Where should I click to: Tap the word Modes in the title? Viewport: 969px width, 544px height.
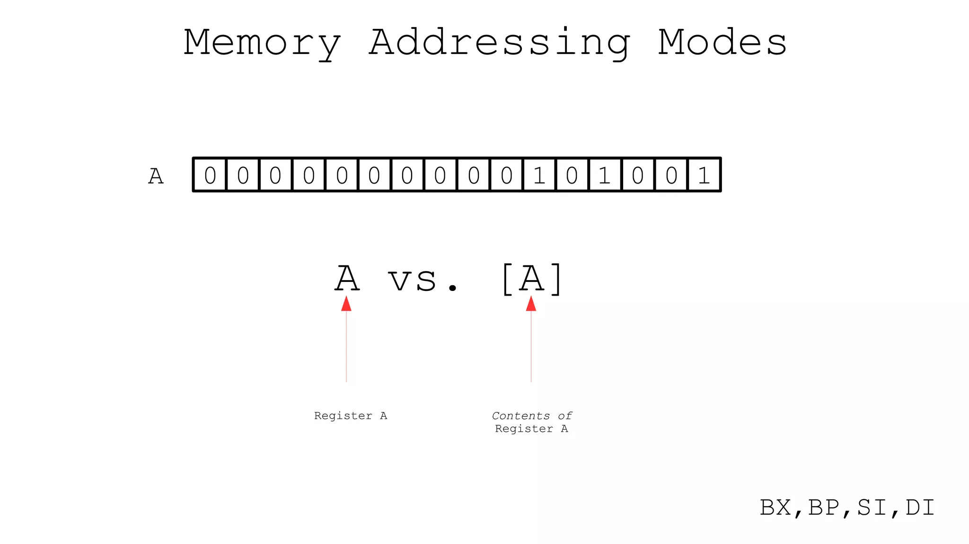click(x=722, y=43)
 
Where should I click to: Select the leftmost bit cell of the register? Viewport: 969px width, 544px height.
click(x=210, y=175)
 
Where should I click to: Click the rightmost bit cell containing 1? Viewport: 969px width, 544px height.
click(x=704, y=175)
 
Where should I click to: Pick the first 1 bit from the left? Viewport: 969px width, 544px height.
click(x=539, y=175)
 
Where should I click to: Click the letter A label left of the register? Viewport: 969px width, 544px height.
click(x=156, y=176)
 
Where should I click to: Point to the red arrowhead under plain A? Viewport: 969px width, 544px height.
click(x=346, y=304)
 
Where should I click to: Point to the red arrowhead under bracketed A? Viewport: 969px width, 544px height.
click(x=531, y=304)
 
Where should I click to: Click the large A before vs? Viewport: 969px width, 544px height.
click(x=347, y=279)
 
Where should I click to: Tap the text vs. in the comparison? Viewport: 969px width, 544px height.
click(x=423, y=280)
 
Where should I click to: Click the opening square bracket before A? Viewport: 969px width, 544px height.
click(x=507, y=279)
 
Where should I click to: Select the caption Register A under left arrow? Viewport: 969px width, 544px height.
click(x=351, y=416)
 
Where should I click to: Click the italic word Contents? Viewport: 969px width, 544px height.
click(x=520, y=416)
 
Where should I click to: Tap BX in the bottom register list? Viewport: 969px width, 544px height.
click(x=775, y=508)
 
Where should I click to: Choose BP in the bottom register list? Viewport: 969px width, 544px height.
click(x=824, y=508)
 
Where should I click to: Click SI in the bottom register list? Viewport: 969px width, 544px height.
click(x=872, y=508)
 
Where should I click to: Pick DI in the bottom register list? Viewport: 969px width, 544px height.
click(x=920, y=508)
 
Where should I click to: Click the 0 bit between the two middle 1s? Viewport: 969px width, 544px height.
click(x=572, y=175)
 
